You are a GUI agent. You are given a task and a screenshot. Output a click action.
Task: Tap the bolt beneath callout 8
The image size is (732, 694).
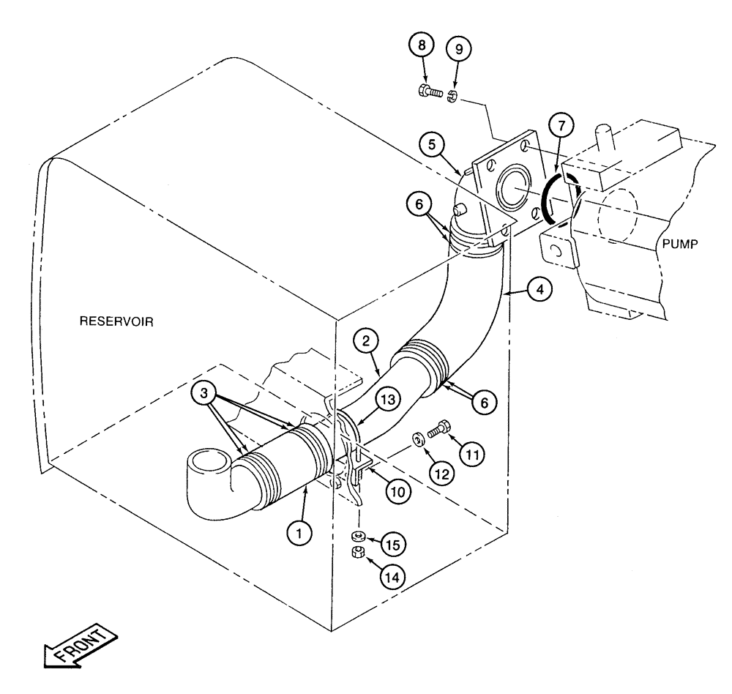pyautogui.click(x=431, y=93)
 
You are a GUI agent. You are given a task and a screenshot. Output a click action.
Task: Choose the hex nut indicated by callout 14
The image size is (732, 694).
pyautogui.click(x=359, y=552)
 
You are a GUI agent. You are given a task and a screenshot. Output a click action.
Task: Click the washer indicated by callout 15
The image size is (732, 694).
pyautogui.click(x=359, y=535)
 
